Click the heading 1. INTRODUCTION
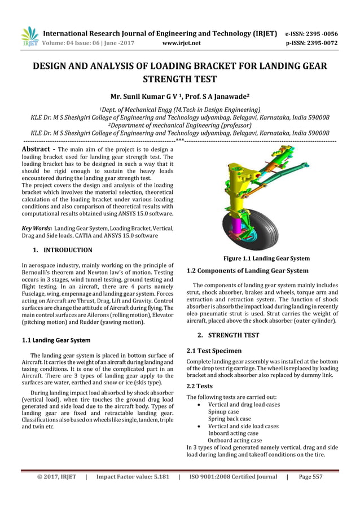click(62, 249)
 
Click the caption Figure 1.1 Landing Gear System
click(266, 258)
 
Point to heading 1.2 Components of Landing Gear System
click(247, 271)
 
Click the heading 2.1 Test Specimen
click(214, 350)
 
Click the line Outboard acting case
click(235, 440)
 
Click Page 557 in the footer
click(310, 477)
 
